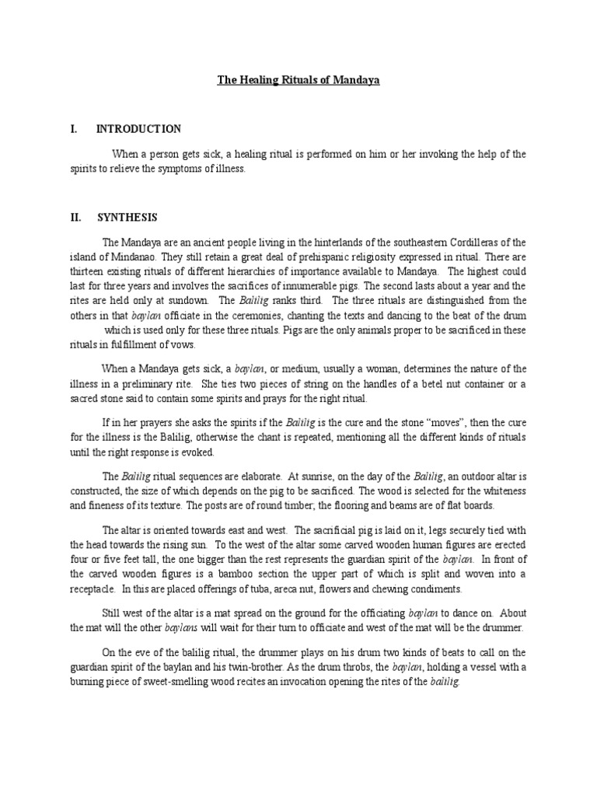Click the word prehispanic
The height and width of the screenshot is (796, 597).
304,257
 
